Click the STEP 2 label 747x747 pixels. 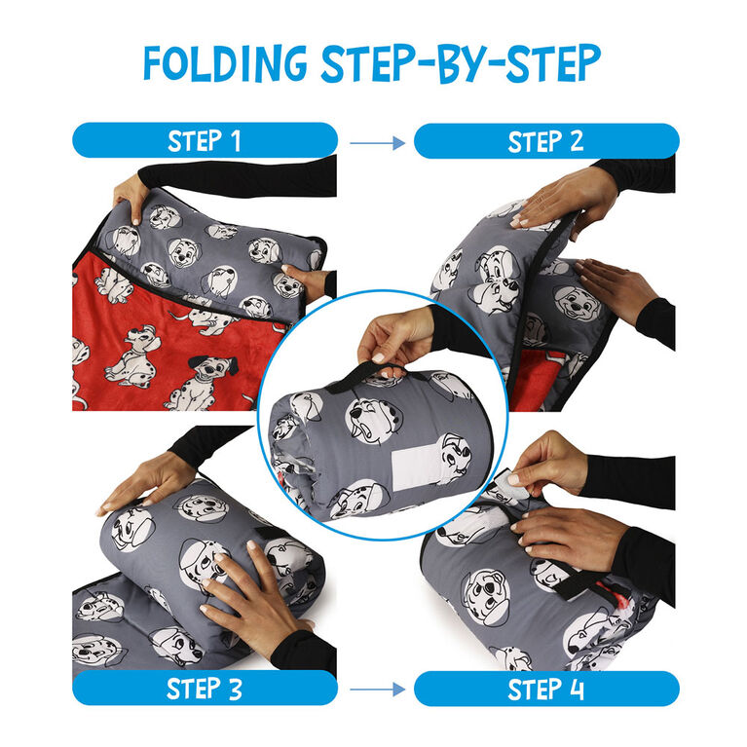(x=545, y=141)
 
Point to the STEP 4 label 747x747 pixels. (x=545, y=689)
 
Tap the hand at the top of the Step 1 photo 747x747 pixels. (x=130, y=195)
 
